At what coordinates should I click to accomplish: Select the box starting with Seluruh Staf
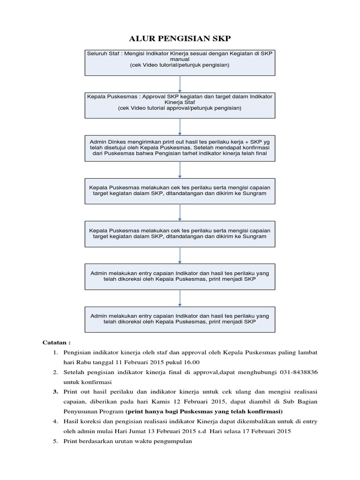point(180,62)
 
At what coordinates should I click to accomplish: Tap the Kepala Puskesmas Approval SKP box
point(180,105)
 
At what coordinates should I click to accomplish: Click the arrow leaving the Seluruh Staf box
point(180,83)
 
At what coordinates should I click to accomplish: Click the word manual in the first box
point(180,60)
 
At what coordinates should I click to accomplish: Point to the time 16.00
point(190,362)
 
